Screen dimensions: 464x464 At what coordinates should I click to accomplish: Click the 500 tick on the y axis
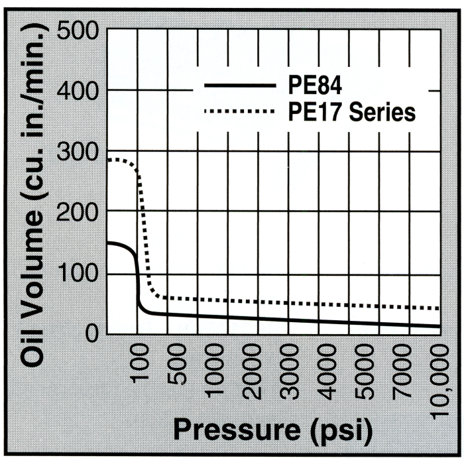79,30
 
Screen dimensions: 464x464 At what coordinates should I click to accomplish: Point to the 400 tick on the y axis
79,91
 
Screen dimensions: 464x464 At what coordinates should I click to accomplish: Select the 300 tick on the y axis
79,152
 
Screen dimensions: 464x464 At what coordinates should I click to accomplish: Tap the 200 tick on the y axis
79,212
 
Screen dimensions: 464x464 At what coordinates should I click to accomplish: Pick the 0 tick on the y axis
91,333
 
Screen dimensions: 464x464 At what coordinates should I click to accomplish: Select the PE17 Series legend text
352,112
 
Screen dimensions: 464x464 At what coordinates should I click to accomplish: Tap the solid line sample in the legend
239,86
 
